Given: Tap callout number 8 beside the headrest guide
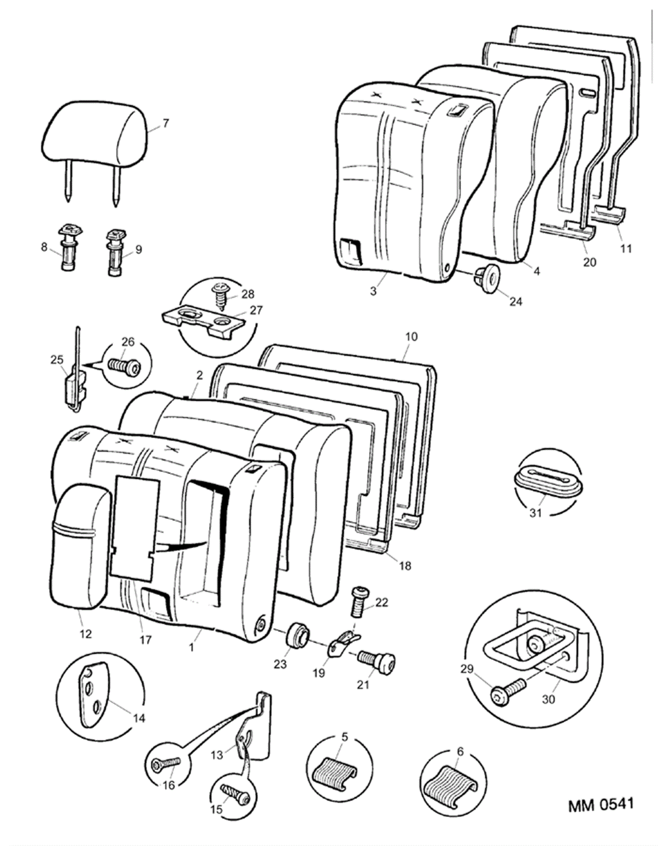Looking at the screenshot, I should pos(44,247).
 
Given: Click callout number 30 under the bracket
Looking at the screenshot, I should pos(548,699).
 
